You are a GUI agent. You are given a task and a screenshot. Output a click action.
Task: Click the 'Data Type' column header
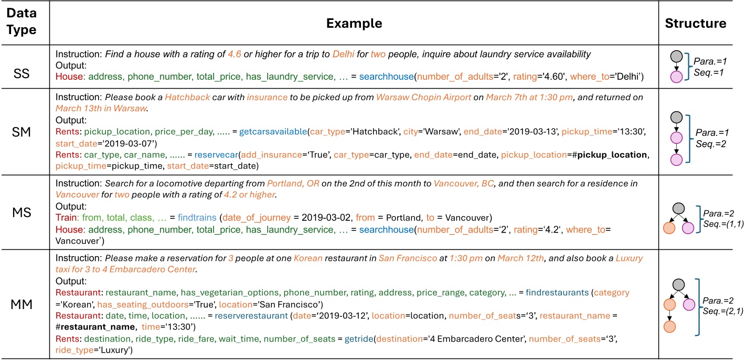click(x=25, y=23)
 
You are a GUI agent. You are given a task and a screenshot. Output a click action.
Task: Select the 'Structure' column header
click(x=696, y=23)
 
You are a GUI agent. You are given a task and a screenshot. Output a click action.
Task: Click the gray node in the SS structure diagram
click(x=677, y=55)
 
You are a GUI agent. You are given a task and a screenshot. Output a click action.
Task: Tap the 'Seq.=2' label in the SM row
click(x=715, y=143)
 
